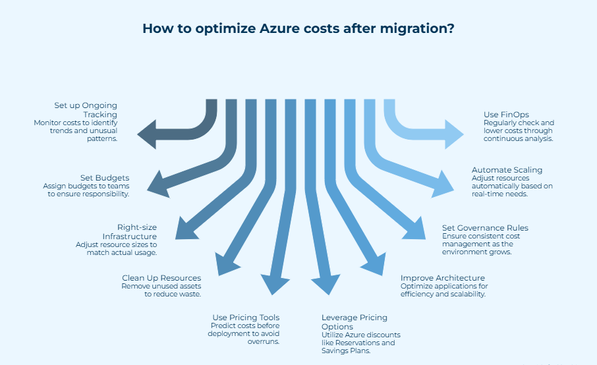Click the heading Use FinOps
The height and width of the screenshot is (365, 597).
click(506, 115)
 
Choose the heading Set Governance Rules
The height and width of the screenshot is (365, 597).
click(485, 228)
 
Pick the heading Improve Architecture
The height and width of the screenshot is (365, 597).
click(443, 278)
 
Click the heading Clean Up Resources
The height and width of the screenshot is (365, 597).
click(161, 278)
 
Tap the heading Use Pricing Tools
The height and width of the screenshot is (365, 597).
click(246, 318)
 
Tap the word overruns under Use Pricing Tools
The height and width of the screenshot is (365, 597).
click(264, 342)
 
